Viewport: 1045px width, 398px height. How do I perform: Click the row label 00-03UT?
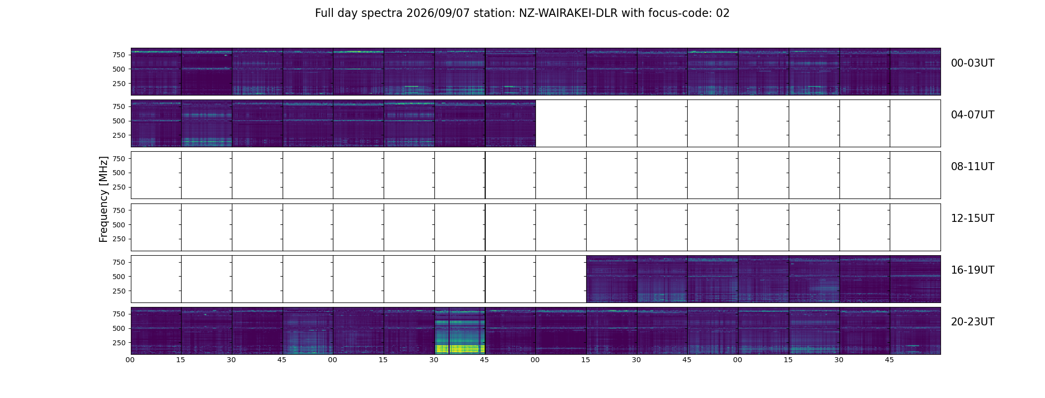pos(972,63)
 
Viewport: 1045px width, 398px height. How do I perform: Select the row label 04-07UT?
pos(972,115)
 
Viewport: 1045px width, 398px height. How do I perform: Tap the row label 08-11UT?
pos(972,167)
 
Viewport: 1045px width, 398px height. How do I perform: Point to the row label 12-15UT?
pos(972,218)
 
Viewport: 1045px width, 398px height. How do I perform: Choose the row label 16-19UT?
pos(972,270)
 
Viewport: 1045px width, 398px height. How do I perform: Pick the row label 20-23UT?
pos(972,322)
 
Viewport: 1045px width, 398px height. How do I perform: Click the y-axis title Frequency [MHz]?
pos(104,199)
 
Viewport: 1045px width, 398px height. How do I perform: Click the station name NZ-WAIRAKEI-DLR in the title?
pos(568,13)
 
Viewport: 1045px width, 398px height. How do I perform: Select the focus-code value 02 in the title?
pos(723,13)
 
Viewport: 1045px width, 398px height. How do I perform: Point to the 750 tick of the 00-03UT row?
pos(119,55)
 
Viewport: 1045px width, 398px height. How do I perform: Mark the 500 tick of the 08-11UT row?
pos(119,173)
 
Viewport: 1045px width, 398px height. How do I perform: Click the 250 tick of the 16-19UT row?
pos(119,291)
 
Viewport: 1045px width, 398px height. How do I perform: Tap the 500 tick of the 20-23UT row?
pos(119,328)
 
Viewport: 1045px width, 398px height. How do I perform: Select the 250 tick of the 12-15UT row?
pos(119,239)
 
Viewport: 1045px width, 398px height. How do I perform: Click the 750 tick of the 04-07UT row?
pos(119,106)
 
